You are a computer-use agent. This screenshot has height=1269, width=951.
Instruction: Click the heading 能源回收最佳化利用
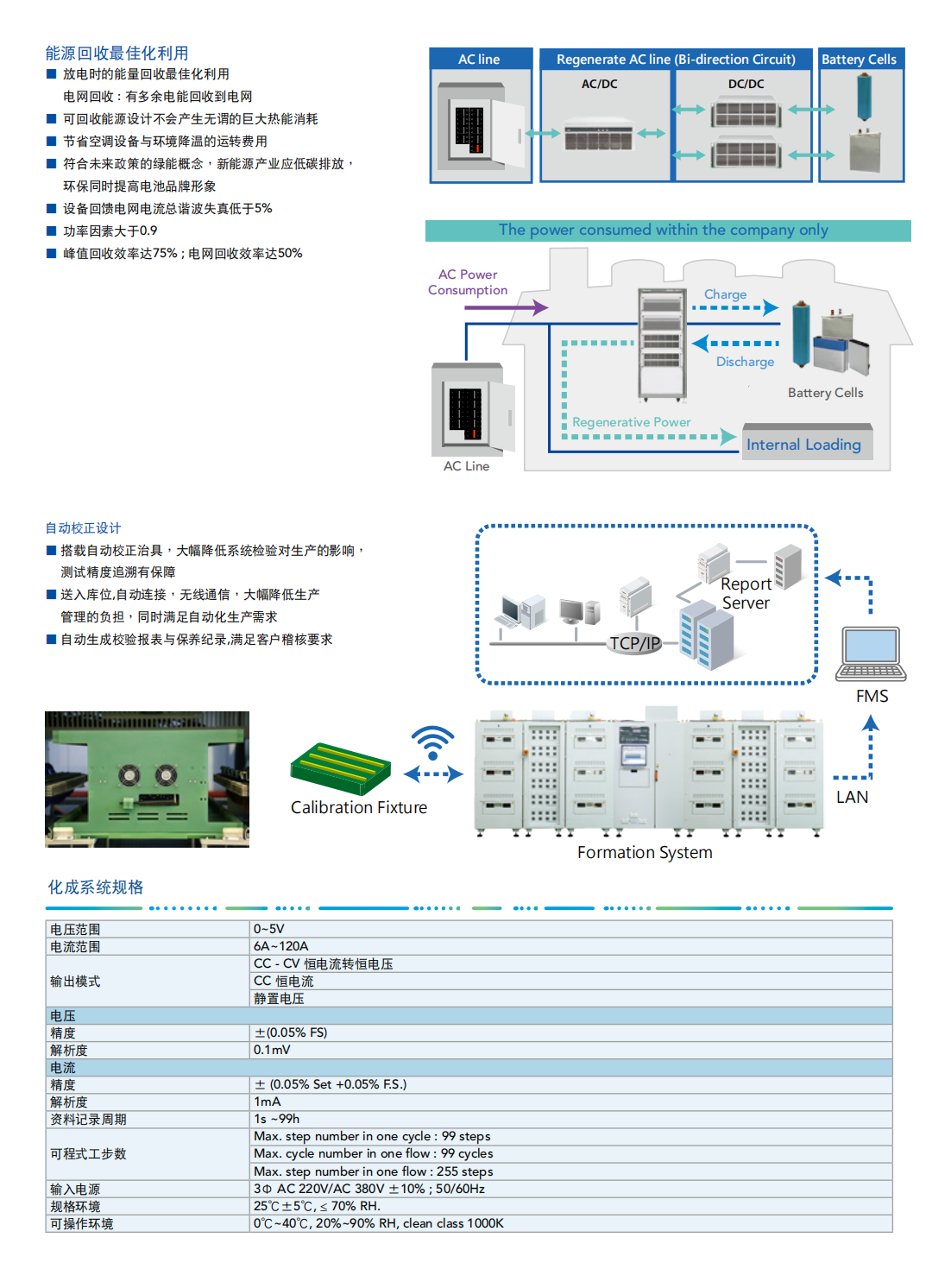(x=117, y=54)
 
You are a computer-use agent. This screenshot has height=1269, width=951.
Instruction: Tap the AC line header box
(x=480, y=59)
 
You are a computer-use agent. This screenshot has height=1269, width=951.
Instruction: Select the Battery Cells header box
(x=860, y=59)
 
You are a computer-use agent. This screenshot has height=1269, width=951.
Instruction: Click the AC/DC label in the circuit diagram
(x=599, y=84)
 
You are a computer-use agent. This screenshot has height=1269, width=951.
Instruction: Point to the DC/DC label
(x=746, y=84)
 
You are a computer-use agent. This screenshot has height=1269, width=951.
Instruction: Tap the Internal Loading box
(x=804, y=444)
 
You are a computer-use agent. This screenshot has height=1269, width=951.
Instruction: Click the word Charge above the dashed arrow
(x=725, y=294)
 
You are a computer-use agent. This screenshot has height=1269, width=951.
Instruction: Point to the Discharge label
(x=745, y=362)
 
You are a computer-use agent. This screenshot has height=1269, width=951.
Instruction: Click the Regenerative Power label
(x=631, y=422)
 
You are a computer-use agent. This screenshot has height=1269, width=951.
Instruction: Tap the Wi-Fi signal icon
(x=432, y=742)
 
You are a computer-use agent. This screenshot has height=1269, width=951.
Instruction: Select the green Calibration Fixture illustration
(x=342, y=767)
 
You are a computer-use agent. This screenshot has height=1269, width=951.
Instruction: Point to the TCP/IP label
(x=634, y=643)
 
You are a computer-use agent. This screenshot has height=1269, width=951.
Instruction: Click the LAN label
(x=852, y=797)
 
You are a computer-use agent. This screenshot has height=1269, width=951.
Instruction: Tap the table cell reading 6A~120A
(x=281, y=946)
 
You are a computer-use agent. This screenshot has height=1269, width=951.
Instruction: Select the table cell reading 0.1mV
(x=272, y=1050)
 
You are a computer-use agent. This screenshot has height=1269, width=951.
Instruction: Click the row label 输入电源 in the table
(x=75, y=1189)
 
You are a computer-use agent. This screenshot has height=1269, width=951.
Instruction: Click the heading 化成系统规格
(x=96, y=887)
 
